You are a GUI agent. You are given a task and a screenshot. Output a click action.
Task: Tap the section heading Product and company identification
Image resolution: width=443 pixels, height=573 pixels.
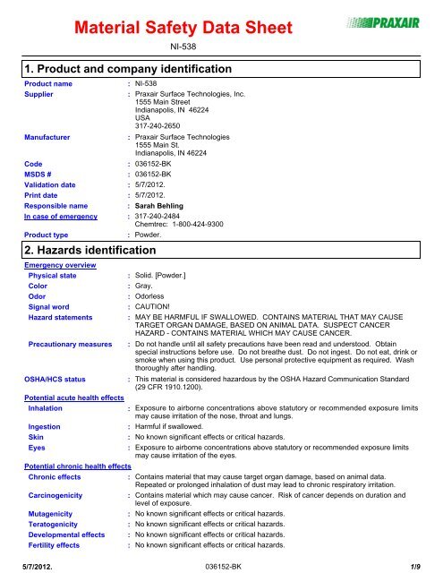[x=124, y=69]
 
